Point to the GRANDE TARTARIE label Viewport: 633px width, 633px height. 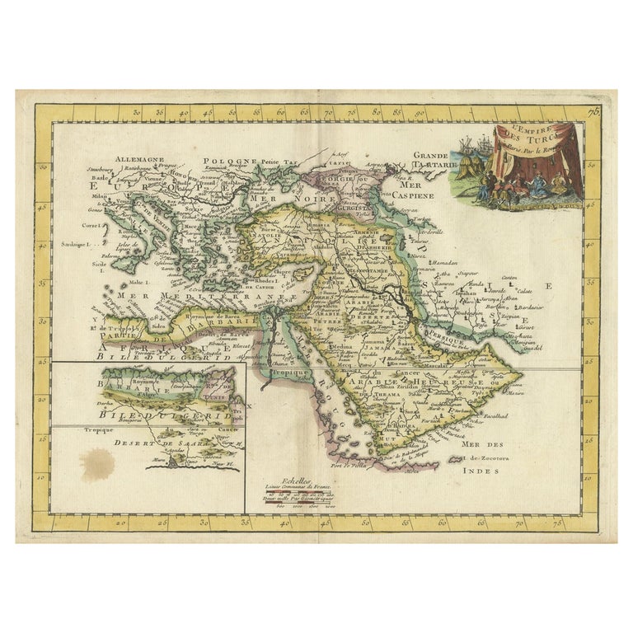tap(429, 159)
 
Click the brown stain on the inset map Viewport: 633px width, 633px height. tap(101, 465)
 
